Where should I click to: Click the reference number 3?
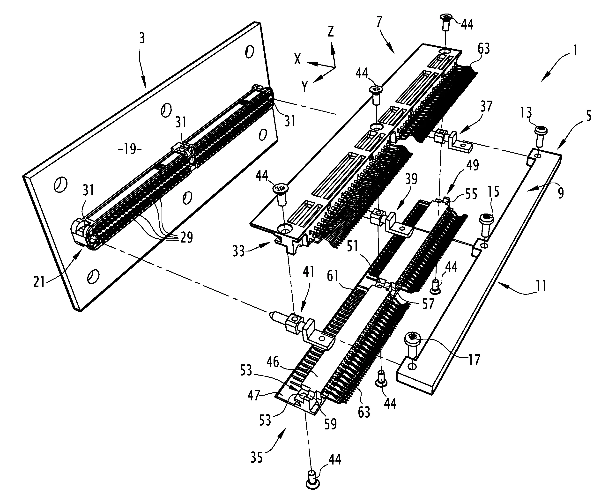tap(142, 38)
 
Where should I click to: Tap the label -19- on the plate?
tap(130, 149)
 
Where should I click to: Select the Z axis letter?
tap(330, 32)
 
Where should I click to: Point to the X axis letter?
tap(297, 59)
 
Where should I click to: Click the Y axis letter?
tap(304, 87)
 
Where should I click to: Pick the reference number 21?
tap(39, 282)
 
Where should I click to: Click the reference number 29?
tap(187, 237)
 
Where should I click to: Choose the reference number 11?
tap(541, 286)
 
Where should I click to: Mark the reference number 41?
tap(308, 272)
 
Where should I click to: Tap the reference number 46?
tap(273, 363)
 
